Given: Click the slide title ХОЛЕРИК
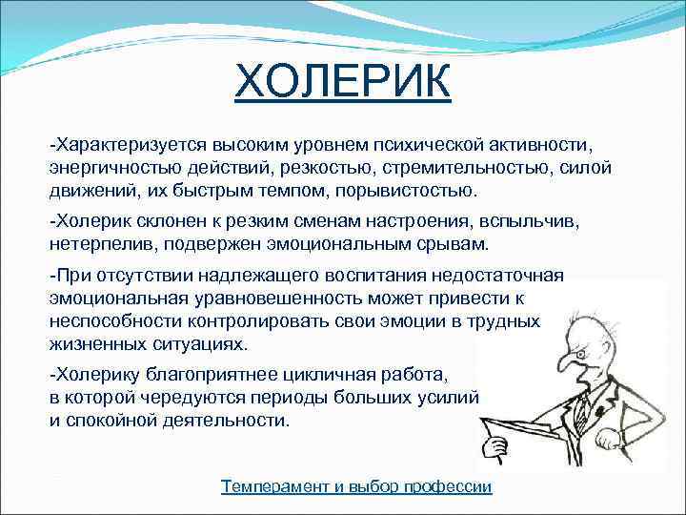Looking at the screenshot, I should (x=344, y=84).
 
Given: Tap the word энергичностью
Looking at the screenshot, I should (x=107, y=167).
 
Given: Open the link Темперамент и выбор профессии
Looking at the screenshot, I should (x=356, y=486).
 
